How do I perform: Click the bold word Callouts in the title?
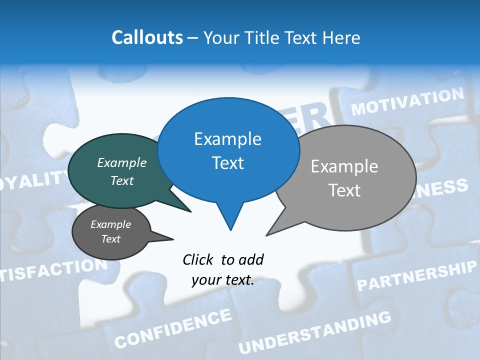147,37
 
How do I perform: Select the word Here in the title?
341,37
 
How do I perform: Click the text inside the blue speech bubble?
228,150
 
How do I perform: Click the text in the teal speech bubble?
122,171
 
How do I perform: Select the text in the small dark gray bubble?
110,231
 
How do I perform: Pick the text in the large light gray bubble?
344,178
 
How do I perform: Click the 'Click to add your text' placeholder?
223,269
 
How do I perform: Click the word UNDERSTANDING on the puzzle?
314,332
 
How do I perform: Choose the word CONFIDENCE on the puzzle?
173,328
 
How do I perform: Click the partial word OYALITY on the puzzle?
33,180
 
